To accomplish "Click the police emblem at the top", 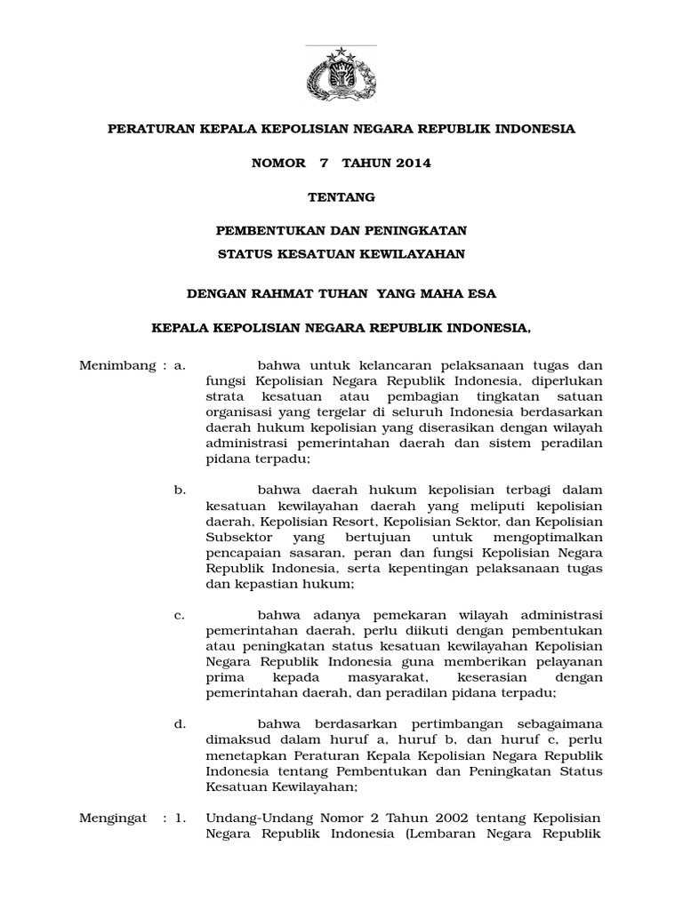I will [x=341, y=75].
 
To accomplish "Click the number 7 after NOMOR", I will [x=312, y=163].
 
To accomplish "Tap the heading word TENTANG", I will [x=341, y=196].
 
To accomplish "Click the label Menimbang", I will [x=110, y=364].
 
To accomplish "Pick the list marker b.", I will [x=179, y=490].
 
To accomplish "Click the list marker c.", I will [x=179, y=615].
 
